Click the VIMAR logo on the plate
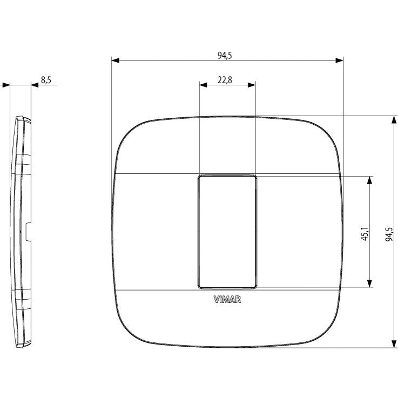click(x=227, y=300)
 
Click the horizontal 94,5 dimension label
click(x=225, y=55)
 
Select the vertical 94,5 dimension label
click(x=389, y=234)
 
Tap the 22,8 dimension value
click(x=225, y=80)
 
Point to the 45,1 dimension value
click(x=365, y=234)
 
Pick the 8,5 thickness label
click(x=46, y=80)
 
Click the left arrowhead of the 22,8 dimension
click(x=203, y=85)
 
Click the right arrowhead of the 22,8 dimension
click(x=251, y=85)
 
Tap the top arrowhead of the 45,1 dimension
click(x=369, y=180)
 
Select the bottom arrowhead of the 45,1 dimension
click(x=369, y=284)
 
